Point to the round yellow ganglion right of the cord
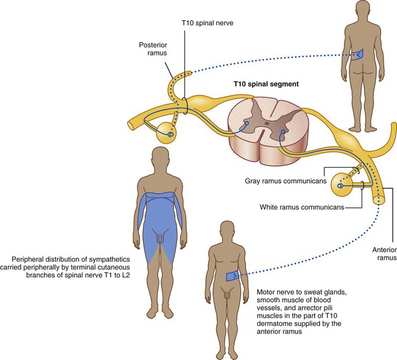342,184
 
